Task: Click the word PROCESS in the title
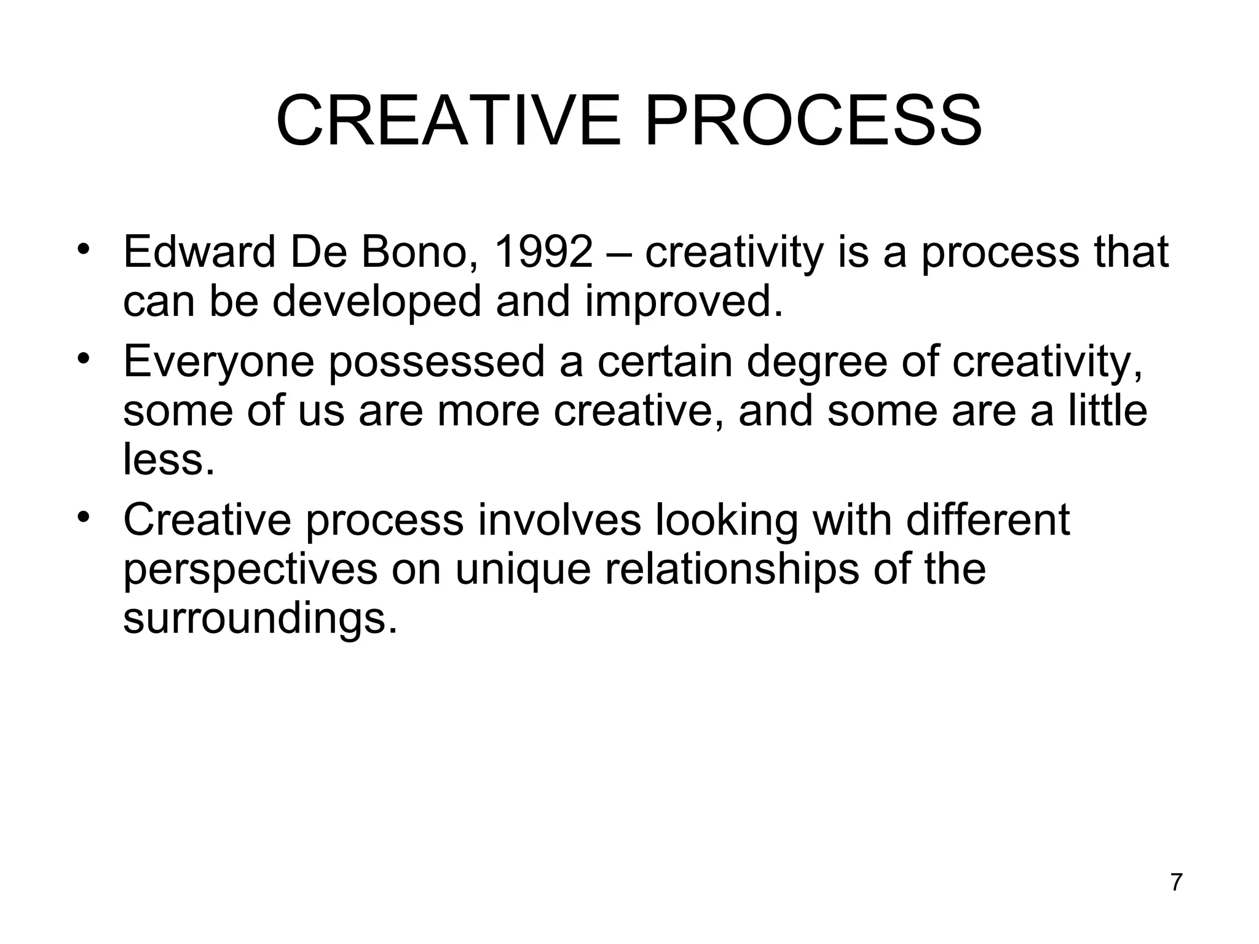813,121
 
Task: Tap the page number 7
1176,883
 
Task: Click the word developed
376,302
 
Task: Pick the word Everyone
218,363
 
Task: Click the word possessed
436,363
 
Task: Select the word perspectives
250,570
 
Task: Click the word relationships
732,570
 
